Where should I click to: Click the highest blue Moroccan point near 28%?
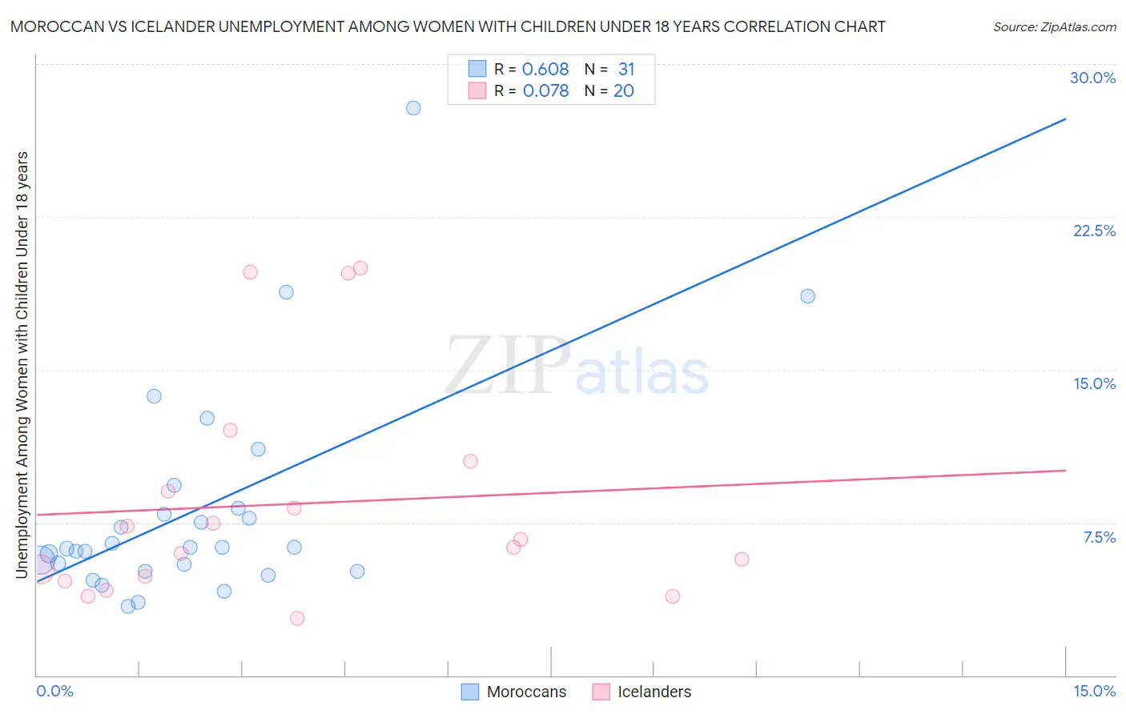click(x=413, y=108)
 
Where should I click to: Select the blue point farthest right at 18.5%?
click(x=807, y=296)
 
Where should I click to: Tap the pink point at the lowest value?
click(x=297, y=618)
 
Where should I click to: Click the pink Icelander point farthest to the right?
click(x=742, y=560)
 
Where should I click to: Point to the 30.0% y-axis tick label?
click(x=1092, y=78)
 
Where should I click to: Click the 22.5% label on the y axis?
click(x=1094, y=231)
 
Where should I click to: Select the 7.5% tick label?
click(x=1099, y=537)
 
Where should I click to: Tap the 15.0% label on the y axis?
click(x=1094, y=383)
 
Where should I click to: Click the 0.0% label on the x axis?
click(x=54, y=691)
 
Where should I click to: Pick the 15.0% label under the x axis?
click(x=1094, y=691)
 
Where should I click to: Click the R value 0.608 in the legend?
click(x=545, y=70)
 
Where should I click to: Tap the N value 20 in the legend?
click(x=624, y=91)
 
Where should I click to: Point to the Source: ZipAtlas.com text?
click(x=1054, y=27)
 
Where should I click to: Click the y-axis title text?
click(x=22, y=364)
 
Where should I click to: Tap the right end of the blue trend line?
click(x=1065, y=119)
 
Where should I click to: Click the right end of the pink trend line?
click(x=1065, y=471)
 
